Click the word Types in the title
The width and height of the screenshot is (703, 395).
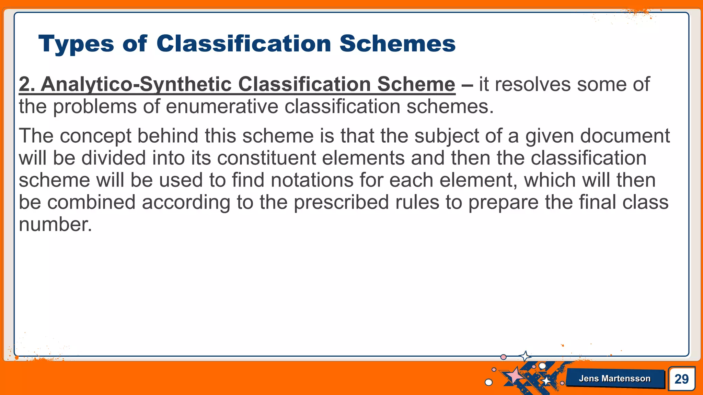click(76, 44)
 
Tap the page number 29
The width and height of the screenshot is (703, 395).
click(681, 379)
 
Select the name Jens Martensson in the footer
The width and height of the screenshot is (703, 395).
click(614, 379)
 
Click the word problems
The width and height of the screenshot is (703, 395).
click(95, 107)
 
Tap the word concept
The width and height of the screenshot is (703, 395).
click(96, 136)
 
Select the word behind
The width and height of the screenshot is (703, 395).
click(168, 136)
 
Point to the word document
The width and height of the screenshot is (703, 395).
click(625, 136)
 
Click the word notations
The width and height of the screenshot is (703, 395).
click(312, 180)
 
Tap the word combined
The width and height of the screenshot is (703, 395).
click(91, 202)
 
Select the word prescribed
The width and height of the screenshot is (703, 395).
click(341, 202)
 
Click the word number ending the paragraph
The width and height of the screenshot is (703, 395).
click(55, 225)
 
